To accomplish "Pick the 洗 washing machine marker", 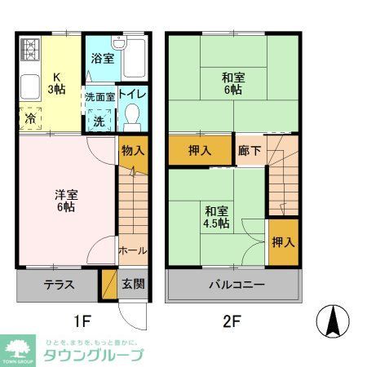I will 99,119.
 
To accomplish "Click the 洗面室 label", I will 99,96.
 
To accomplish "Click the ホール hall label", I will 132,250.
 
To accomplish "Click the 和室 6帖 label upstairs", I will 233,85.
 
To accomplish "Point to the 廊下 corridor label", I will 250,151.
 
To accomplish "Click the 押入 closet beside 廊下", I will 201,151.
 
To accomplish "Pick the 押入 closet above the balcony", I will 283,242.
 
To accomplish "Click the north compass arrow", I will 332,320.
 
